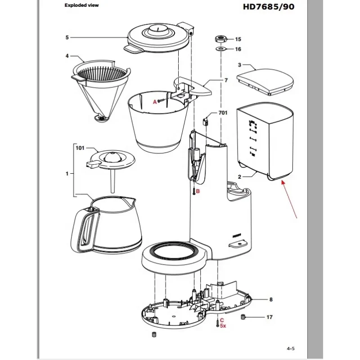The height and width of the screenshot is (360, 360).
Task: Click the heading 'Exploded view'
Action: [x=81, y=5]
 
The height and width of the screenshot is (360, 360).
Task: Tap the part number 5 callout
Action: [x=67, y=37]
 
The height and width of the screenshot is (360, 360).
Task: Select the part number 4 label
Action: [x=67, y=56]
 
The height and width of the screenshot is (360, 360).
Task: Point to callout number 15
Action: [x=238, y=40]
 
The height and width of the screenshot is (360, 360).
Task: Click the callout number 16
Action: [x=238, y=49]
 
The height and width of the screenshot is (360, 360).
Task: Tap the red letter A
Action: [x=155, y=102]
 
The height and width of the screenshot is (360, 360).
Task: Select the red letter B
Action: [x=198, y=191]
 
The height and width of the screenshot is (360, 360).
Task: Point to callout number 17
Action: [x=270, y=317]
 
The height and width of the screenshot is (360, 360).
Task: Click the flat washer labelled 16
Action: [x=221, y=49]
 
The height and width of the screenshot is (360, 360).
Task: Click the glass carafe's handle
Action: [x=88, y=229]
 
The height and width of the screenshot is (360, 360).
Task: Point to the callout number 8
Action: [x=271, y=299]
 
